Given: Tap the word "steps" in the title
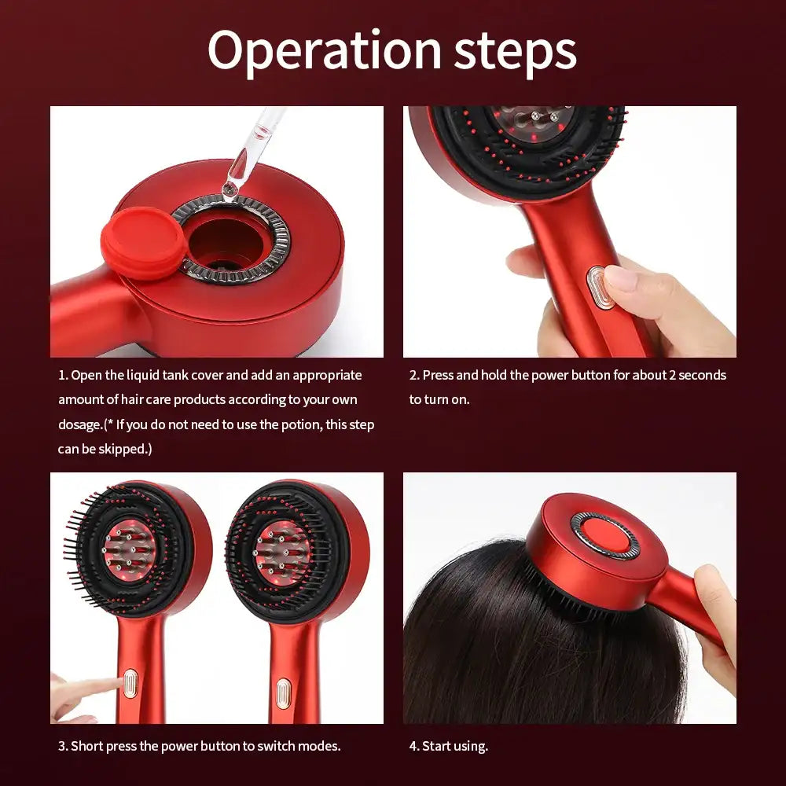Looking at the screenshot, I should coord(515,51).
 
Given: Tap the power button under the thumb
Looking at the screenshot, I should coord(600,286).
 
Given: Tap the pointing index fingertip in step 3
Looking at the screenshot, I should coord(111,682).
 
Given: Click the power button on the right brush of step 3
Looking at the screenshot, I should coord(281,692).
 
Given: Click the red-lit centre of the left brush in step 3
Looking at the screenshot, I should coord(129,550).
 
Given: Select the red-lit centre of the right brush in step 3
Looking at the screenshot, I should coord(279,550).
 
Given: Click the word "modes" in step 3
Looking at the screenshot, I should coord(318,745).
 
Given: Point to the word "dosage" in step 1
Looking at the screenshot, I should coord(79,424).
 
